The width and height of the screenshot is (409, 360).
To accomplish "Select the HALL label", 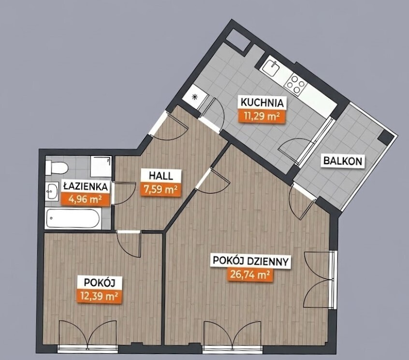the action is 161,176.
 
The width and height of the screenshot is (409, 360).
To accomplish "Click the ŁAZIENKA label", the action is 86,187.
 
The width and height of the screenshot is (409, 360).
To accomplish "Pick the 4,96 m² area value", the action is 85,200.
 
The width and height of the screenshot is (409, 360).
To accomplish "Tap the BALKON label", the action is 343,160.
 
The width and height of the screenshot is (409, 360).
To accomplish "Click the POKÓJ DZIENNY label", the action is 250,261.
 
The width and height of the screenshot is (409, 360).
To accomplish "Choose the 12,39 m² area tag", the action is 100,296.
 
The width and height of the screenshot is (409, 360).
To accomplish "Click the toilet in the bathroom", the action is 57,168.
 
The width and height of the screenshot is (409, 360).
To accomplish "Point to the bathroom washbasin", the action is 52,191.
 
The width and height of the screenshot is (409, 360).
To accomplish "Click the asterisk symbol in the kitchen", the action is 194,97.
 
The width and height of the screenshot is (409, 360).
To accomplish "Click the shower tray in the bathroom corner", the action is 101,167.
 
